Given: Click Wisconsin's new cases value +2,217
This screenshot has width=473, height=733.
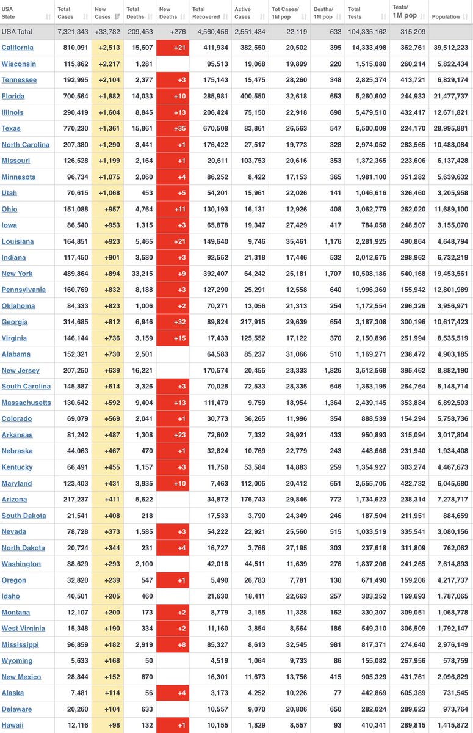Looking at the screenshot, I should tap(109, 64).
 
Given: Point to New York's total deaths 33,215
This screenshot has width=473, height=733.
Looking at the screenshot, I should tap(140, 274).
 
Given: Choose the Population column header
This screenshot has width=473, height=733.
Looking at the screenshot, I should tap(445, 16).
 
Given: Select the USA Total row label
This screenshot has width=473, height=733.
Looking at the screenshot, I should tap(17, 31).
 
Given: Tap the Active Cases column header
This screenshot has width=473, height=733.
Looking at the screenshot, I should tap(244, 13).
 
